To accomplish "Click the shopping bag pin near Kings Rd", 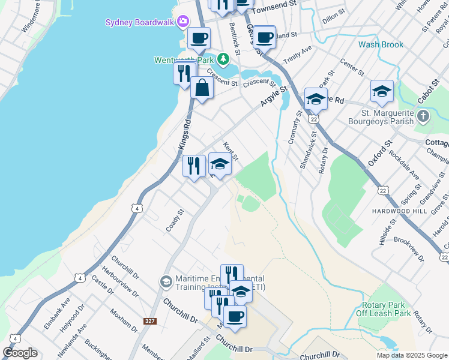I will (x=202, y=89).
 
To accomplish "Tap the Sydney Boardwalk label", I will (x=139, y=22).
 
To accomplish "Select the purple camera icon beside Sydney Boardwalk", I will (x=182, y=22).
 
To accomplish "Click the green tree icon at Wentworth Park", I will (x=223, y=59).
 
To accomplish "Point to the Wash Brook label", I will (x=381, y=44).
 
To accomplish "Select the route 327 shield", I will (x=150, y=321).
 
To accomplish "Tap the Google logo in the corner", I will (x=20, y=353).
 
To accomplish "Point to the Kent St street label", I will (x=231, y=151).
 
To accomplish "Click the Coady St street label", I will (x=174, y=220).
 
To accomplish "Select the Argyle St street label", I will (x=274, y=96).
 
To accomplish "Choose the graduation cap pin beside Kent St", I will (x=220, y=165).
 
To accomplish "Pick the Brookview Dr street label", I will (x=409, y=249).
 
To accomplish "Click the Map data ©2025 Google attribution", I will (x=412, y=355).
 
